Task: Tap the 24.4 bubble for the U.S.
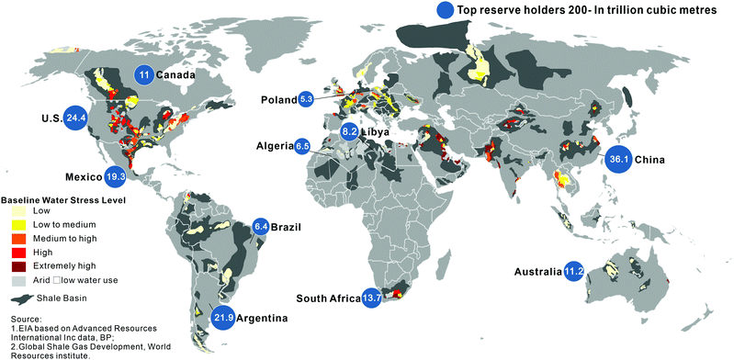click(75, 118)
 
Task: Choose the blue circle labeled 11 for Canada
click(143, 74)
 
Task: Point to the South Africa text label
click(328, 298)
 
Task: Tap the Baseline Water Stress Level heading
click(62, 198)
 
